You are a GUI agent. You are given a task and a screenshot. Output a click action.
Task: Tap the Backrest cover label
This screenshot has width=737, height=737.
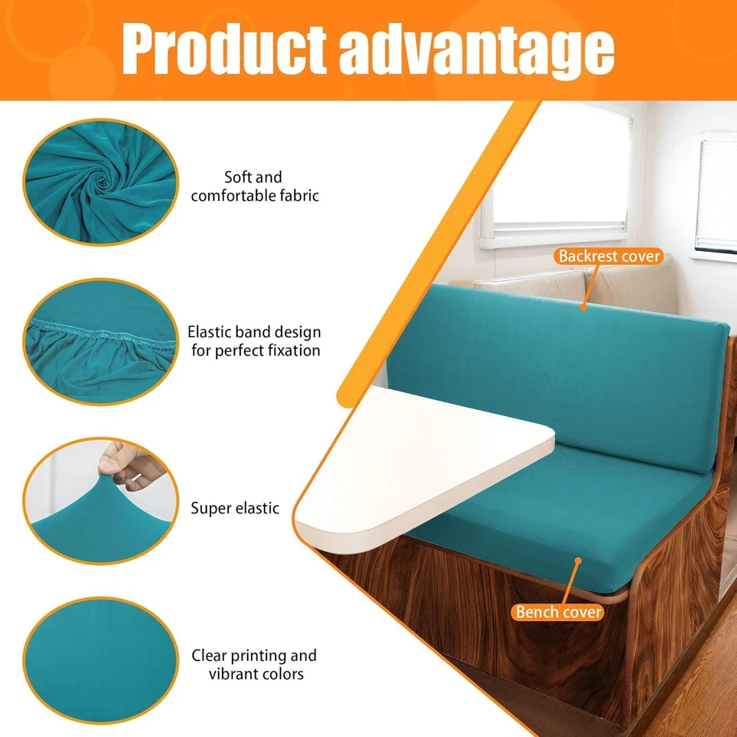point(610,256)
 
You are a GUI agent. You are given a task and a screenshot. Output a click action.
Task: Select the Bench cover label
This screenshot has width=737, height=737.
point(559,612)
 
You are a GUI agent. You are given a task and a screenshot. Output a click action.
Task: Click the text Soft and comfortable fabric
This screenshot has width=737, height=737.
point(254,187)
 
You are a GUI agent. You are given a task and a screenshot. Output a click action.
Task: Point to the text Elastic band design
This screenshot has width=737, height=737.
point(254,333)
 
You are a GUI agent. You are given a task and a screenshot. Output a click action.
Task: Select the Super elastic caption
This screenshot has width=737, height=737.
point(235,508)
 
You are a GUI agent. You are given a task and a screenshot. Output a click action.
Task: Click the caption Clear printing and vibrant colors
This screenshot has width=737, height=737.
point(254,665)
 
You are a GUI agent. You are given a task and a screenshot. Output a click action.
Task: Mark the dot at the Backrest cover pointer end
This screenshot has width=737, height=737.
point(583,307)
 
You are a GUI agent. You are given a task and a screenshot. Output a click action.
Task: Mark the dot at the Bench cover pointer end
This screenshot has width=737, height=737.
point(577,561)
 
